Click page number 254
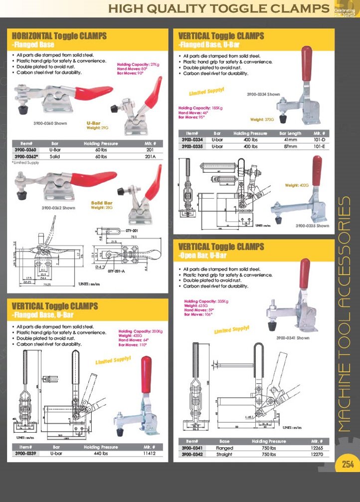pos(347,464)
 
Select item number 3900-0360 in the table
pos(24,150)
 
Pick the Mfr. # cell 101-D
pos(320,140)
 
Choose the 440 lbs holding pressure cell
pos(101,454)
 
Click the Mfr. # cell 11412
pos(150,454)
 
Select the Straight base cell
pos(224,455)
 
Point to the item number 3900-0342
pos(192,455)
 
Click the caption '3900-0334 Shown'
pos(263,94)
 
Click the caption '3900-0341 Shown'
pos(293,338)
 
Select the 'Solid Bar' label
pos(101,203)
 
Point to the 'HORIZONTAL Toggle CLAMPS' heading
pos(59,36)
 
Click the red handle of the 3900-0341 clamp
pos(304,274)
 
